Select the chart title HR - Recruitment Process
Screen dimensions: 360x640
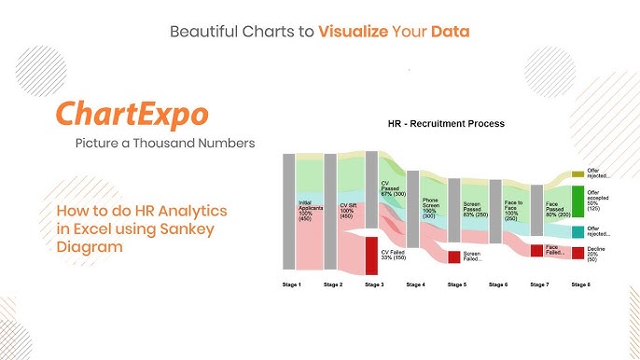pos(446,123)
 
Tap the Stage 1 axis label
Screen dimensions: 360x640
pos(292,284)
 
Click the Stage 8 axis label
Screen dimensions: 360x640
pos(580,284)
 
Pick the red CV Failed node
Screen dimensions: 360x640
pos(371,254)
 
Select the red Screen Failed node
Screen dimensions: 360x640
pos(454,256)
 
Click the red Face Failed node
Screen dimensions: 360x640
pos(536,250)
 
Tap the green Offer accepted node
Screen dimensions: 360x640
pos(577,201)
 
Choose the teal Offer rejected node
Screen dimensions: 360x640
pos(577,231)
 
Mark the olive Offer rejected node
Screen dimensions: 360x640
pos(577,173)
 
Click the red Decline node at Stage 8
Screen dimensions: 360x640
pos(577,253)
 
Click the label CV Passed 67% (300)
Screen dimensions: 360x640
pos(393,188)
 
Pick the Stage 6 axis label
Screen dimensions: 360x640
pos(497,284)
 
